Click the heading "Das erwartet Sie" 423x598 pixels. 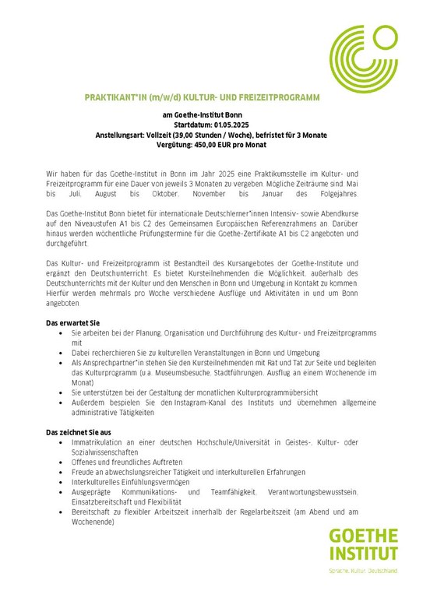pyautogui.click(x=74, y=322)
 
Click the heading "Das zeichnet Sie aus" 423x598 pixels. pyautogui.click(x=79, y=431)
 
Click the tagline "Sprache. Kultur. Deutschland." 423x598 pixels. pyautogui.click(x=362, y=572)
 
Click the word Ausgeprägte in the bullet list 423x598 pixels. pyautogui.click(x=93, y=492)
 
